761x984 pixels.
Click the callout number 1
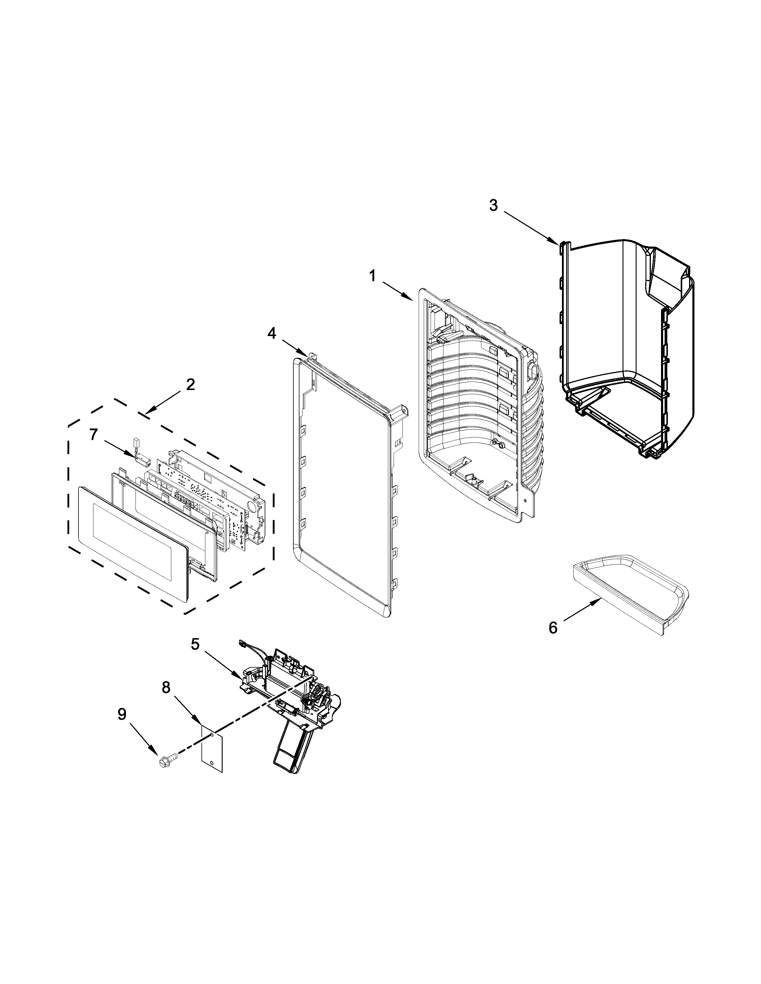[x=372, y=276]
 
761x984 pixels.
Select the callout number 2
[x=190, y=384]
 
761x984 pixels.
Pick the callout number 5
[x=195, y=644]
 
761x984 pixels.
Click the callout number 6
[x=553, y=628]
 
